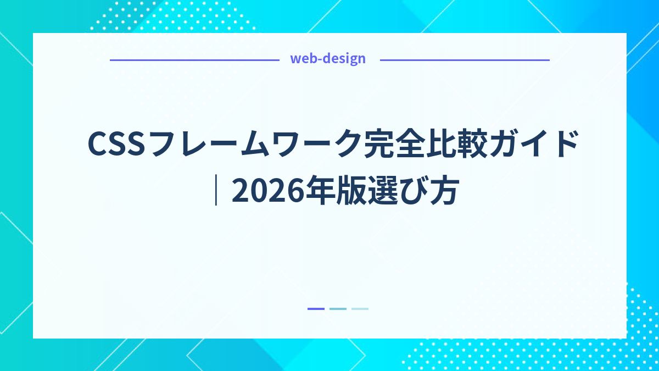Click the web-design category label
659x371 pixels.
coord(328,59)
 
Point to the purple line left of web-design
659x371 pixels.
coord(194,60)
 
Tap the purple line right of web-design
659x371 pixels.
coord(464,60)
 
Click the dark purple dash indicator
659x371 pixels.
coord(316,309)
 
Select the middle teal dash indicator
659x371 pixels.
coord(338,309)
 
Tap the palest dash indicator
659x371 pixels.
coord(360,309)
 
